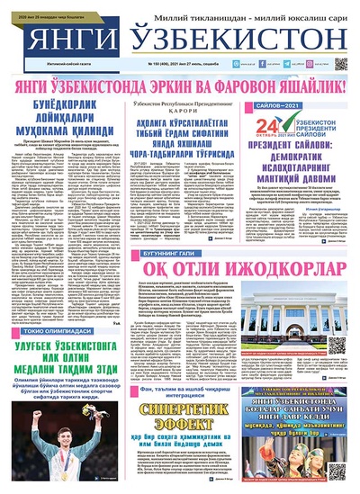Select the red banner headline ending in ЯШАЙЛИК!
click(181, 86)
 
